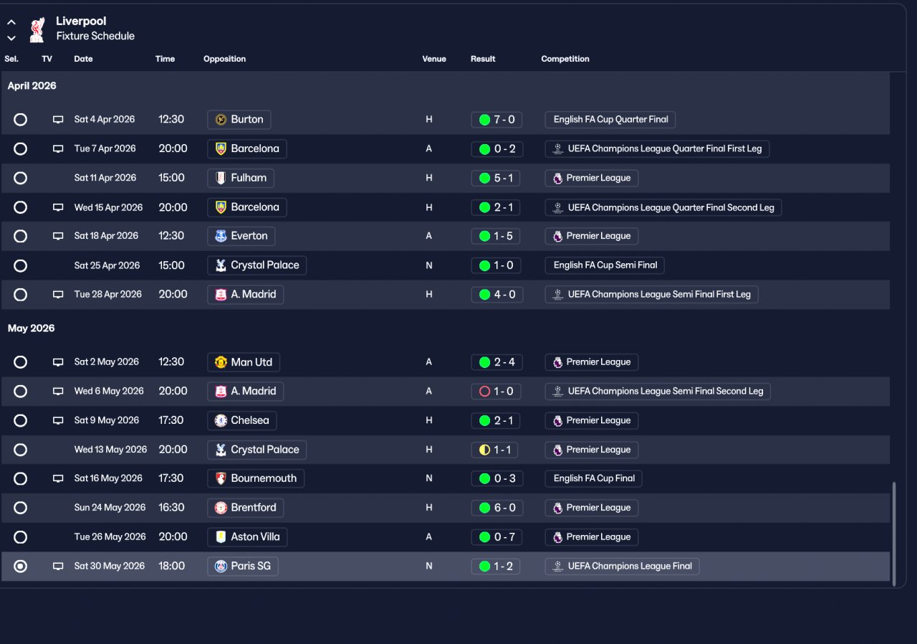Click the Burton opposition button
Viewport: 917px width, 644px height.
click(239, 120)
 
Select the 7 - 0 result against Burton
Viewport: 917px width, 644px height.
click(497, 120)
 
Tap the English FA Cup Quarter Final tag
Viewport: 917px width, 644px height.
click(610, 120)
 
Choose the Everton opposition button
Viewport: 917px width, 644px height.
click(241, 236)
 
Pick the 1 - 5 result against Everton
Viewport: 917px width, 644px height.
click(497, 236)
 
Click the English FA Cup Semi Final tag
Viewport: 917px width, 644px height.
click(605, 265)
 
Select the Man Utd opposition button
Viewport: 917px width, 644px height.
click(244, 362)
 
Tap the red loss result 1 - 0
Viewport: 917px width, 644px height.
click(497, 392)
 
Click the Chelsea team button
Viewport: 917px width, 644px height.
click(242, 420)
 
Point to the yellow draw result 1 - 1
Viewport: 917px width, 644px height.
click(497, 450)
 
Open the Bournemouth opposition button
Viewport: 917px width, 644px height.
click(256, 478)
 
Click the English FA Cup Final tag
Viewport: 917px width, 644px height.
click(593, 478)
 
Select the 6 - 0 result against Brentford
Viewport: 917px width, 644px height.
click(497, 508)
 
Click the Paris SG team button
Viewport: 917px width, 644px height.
click(243, 566)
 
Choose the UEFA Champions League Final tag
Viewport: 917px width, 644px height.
click(622, 566)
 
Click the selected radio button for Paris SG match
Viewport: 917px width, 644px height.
click(21, 566)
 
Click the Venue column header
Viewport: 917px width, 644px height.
click(434, 59)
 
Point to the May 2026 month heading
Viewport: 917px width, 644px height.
click(32, 328)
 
